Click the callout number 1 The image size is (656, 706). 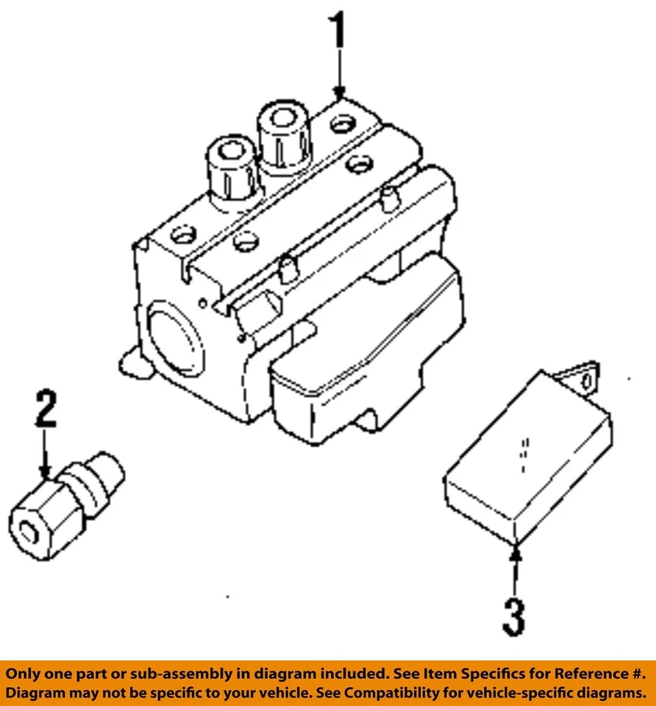click(337, 31)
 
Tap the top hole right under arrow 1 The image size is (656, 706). click(342, 124)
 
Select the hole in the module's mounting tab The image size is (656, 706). click(585, 382)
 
